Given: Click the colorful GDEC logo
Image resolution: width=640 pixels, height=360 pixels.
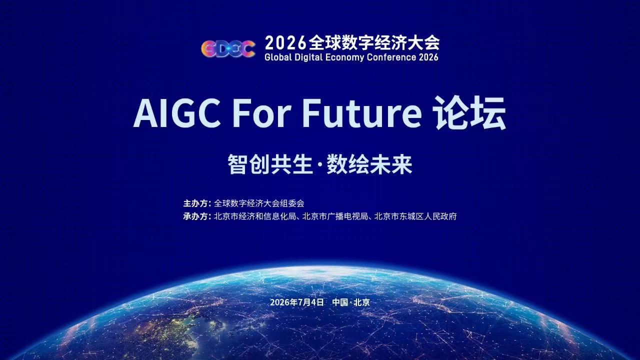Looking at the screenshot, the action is click(x=228, y=48).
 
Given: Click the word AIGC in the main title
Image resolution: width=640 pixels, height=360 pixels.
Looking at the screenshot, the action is click(x=177, y=113).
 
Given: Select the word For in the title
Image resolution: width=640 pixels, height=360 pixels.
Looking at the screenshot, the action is click(x=261, y=113).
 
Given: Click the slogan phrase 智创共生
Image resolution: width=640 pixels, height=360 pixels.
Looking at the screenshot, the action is click(x=270, y=164).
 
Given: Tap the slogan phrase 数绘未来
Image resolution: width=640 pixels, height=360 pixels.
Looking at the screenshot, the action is click(x=369, y=164).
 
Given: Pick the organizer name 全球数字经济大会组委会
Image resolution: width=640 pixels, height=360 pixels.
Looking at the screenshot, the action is click(x=259, y=203).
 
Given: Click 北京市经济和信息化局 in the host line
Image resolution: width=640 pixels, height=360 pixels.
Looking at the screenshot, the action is click(x=255, y=216).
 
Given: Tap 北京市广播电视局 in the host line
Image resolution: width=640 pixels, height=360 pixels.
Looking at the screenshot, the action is click(x=335, y=216).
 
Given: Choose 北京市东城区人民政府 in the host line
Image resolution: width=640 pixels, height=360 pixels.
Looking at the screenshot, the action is click(x=415, y=216).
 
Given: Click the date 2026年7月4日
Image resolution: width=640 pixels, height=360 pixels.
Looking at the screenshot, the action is click(x=297, y=302).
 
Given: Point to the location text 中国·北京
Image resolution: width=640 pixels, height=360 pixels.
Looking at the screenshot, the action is click(x=351, y=302).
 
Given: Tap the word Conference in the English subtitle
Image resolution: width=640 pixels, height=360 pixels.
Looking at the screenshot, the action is click(x=391, y=57).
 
